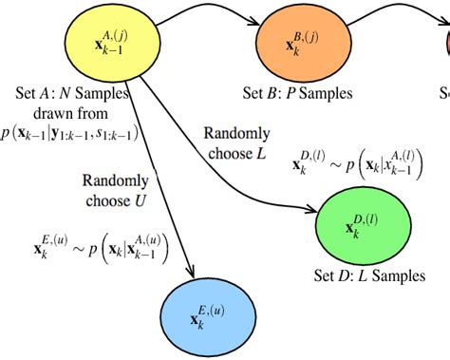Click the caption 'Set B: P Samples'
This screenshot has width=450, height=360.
coord(297,93)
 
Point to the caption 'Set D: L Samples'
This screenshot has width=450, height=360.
coord(367,276)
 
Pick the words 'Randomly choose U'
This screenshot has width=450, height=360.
coord(115,189)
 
